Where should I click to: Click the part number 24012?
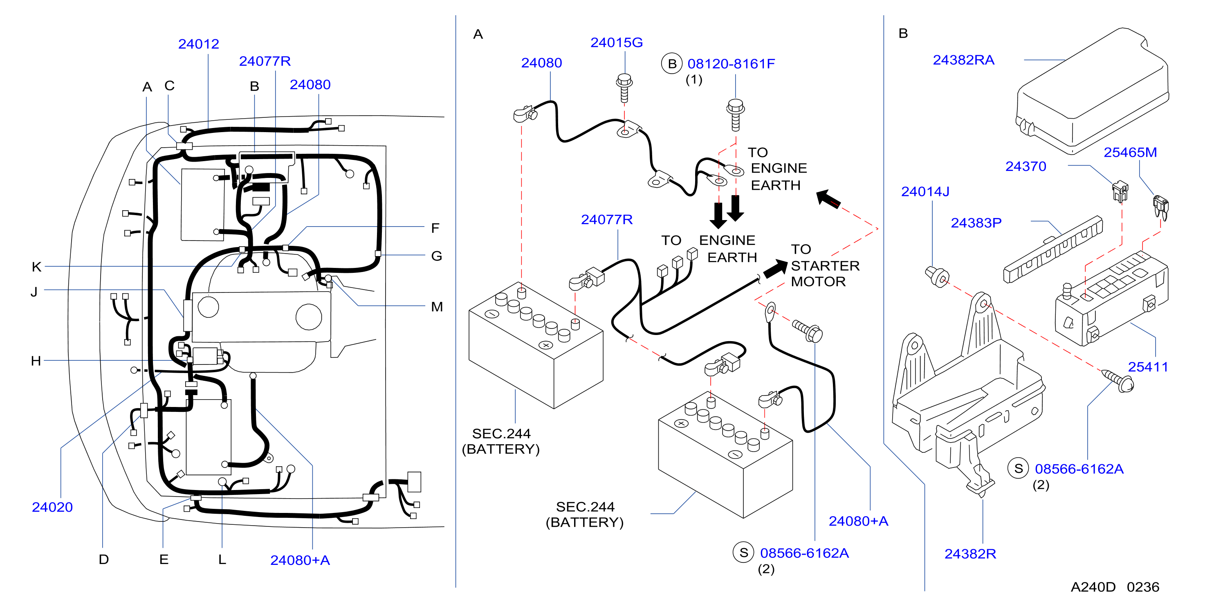pos(198,44)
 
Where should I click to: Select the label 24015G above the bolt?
pos(617,43)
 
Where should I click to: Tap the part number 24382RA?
pos(963,60)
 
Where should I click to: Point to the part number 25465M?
pos(1130,152)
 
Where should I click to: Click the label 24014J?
pos(925,191)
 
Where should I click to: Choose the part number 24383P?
pos(976,223)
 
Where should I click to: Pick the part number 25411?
pos(1148,366)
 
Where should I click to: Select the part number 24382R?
pos(970,553)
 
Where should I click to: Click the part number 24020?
pos(52,507)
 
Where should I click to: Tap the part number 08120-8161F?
pos(731,64)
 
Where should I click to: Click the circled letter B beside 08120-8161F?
pos(672,64)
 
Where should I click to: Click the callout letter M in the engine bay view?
pos(437,307)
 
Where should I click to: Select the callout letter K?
pos(36,267)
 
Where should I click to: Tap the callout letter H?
pos(36,361)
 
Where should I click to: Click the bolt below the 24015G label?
pos(624,88)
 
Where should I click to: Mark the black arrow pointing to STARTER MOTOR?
pos(775,269)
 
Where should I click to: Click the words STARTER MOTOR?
pos(825,273)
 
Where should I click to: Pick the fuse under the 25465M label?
pos(1161,208)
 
